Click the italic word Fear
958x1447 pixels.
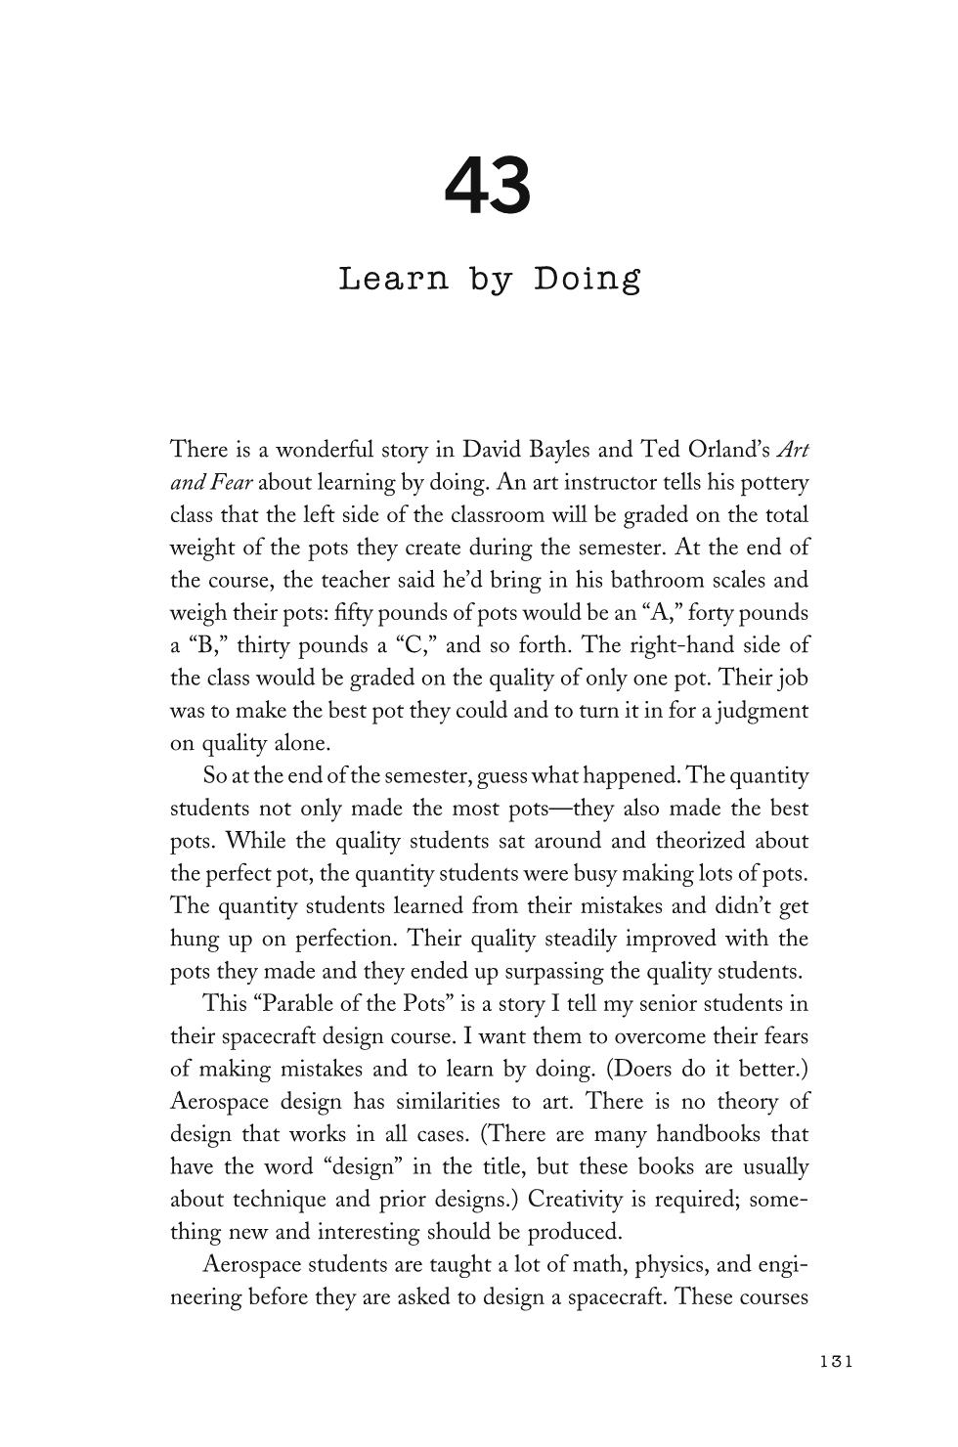(233, 483)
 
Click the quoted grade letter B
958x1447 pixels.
(205, 646)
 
